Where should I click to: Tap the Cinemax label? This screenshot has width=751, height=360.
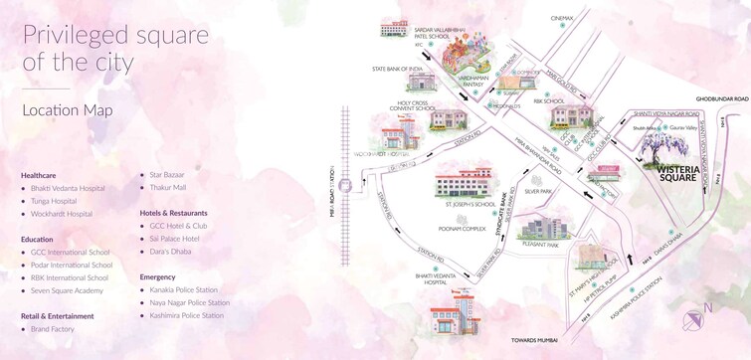tap(562, 18)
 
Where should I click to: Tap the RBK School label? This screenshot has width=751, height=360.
tap(548, 100)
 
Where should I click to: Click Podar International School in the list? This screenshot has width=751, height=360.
tap(71, 265)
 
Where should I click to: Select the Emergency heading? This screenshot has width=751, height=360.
tap(158, 277)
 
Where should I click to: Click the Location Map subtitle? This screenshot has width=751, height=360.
tap(62, 110)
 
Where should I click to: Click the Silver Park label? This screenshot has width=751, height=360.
tap(538, 190)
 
